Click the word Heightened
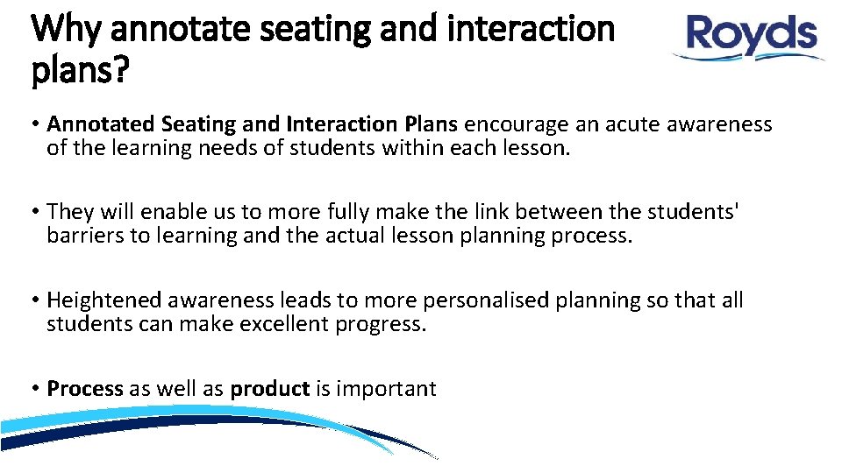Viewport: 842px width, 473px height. click(103, 300)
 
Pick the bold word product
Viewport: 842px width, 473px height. click(269, 388)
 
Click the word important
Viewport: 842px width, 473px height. click(386, 388)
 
